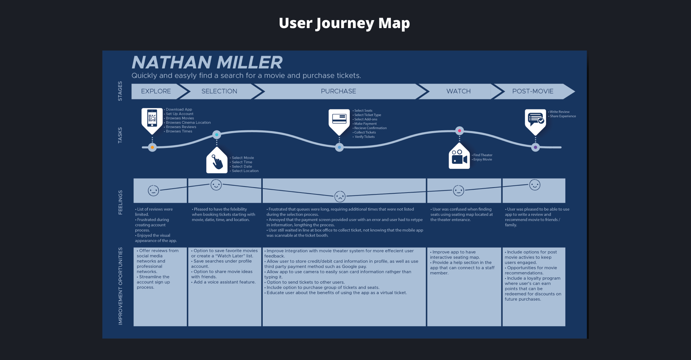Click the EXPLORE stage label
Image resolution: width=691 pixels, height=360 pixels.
click(x=156, y=91)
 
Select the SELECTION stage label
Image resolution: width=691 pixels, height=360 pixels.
click(x=219, y=91)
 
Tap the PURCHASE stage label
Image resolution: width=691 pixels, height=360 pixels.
click(x=338, y=91)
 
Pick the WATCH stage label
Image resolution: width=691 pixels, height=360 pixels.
click(x=459, y=91)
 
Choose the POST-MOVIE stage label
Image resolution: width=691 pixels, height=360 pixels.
click(x=533, y=91)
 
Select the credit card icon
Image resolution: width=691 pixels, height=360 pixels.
click(x=339, y=119)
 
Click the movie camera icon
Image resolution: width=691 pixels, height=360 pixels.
click(x=459, y=157)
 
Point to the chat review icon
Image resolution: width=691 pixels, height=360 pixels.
click(x=536, y=119)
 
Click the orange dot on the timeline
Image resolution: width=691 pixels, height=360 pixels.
click(x=153, y=147)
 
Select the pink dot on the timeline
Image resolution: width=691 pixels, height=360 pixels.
click(x=459, y=131)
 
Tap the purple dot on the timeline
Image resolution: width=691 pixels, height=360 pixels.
click(x=536, y=147)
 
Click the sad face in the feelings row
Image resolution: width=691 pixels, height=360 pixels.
click(x=340, y=196)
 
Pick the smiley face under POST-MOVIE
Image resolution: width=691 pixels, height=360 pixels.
click(x=535, y=185)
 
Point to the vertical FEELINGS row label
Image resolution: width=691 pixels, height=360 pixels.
click(x=120, y=202)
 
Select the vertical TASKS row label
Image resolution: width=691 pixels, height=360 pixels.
click(x=120, y=135)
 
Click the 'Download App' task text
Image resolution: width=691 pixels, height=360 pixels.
click(x=179, y=109)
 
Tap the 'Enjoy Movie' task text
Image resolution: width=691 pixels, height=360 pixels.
click(x=483, y=159)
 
